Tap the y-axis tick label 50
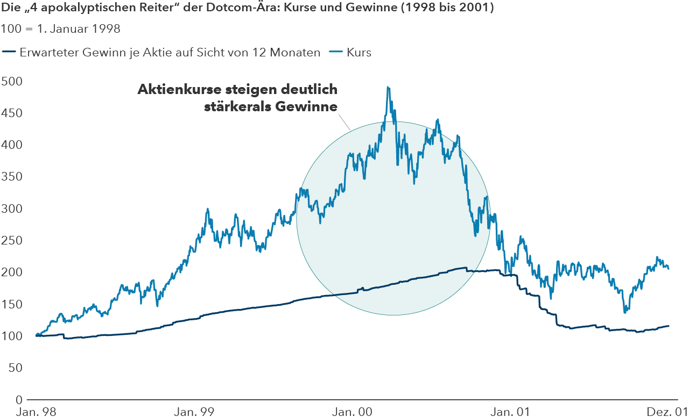point(15,368)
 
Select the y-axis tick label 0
point(18,400)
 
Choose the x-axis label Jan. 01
point(509,412)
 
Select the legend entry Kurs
point(359,53)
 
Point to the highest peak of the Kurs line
point(388,87)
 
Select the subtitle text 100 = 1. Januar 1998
point(60,29)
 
